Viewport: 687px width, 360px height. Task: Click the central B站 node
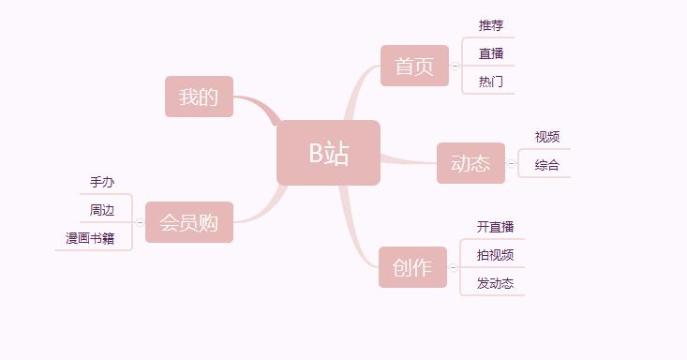(x=328, y=153)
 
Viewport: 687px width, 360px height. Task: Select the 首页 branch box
(x=414, y=66)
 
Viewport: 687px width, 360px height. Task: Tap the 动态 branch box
(x=470, y=163)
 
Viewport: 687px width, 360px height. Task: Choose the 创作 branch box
(x=412, y=267)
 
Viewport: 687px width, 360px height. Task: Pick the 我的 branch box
(x=199, y=97)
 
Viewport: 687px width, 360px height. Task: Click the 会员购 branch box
(x=188, y=222)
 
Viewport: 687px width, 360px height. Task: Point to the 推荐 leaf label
(x=491, y=25)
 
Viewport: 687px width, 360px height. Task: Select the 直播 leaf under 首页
(x=491, y=53)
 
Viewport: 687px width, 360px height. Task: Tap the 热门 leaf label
(x=491, y=82)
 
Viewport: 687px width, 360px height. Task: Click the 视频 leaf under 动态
(x=547, y=137)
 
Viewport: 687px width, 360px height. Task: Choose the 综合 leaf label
(x=547, y=165)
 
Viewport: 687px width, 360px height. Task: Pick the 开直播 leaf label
(x=495, y=227)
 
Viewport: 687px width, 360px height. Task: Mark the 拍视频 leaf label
(x=495, y=255)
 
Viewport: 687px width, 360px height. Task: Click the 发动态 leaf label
(x=495, y=283)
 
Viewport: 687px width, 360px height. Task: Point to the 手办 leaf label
(x=102, y=182)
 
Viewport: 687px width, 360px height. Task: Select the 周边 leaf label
(x=102, y=210)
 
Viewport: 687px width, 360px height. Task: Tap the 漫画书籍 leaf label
(x=90, y=238)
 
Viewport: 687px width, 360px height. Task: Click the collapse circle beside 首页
(x=455, y=67)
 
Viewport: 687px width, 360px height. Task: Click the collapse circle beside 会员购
(x=140, y=223)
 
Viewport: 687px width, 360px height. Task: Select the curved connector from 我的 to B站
(x=257, y=103)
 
